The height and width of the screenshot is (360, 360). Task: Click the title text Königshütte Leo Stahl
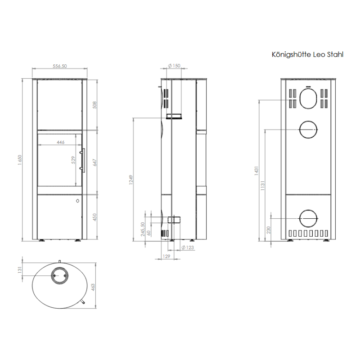click(308, 54)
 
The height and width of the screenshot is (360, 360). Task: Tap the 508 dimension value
click(95, 105)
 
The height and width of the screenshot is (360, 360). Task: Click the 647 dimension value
click(95, 162)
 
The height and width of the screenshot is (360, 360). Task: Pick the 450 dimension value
click(95, 218)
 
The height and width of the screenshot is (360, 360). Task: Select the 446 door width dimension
click(61, 142)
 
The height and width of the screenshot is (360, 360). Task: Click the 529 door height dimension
click(73, 161)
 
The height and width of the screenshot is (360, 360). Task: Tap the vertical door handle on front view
click(83, 160)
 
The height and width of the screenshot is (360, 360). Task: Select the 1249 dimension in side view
click(130, 180)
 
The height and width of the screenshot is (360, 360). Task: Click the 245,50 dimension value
click(143, 229)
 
